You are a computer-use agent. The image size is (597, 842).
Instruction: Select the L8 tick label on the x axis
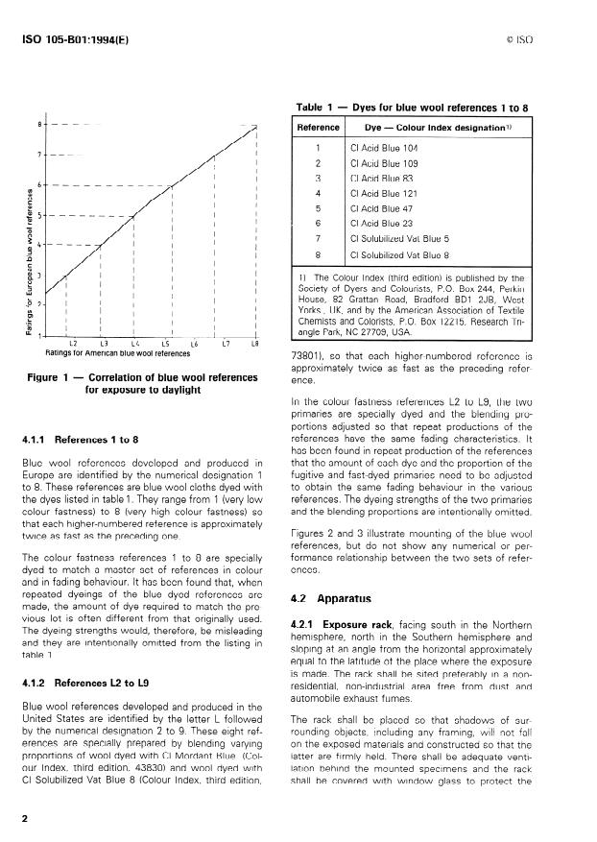pos(255,343)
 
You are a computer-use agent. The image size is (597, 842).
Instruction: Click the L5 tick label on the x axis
pos(165,343)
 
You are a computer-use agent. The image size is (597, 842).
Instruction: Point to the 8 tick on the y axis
pos(39,124)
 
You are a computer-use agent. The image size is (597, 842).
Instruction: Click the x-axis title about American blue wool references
pos(118,353)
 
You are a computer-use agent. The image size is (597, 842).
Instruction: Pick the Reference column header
pos(318,128)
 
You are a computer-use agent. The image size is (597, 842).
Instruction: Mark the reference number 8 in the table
pos(318,254)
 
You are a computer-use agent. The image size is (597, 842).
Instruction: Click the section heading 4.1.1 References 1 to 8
pos(80,440)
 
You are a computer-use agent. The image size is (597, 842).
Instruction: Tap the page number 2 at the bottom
pos(23,819)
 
